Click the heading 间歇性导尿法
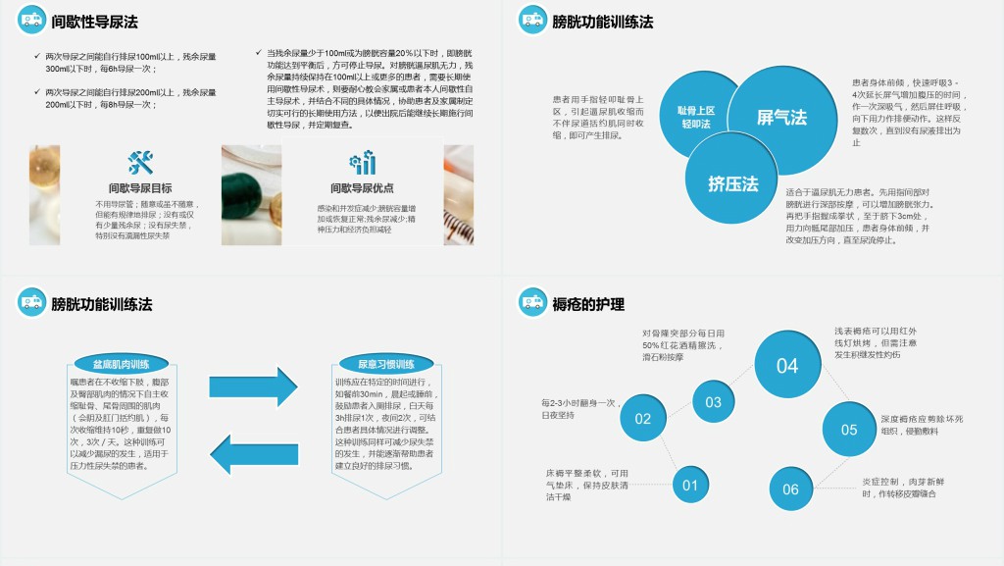tap(94, 22)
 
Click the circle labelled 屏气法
tap(781, 117)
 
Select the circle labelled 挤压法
tap(733, 182)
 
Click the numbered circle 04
tap(787, 366)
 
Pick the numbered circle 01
tap(690, 485)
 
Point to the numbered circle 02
tap(643, 419)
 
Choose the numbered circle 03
tap(713, 401)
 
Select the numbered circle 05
tap(848, 430)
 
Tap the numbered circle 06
tap(790, 489)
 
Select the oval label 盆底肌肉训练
tap(121, 364)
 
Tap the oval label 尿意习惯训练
tap(386, 364)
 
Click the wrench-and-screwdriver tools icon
tap(140, 162)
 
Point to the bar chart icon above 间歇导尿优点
tap(362, 163)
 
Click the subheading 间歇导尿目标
tap(140, 188)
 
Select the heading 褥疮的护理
tap(588, 304)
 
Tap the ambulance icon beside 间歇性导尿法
tap(31, 20)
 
